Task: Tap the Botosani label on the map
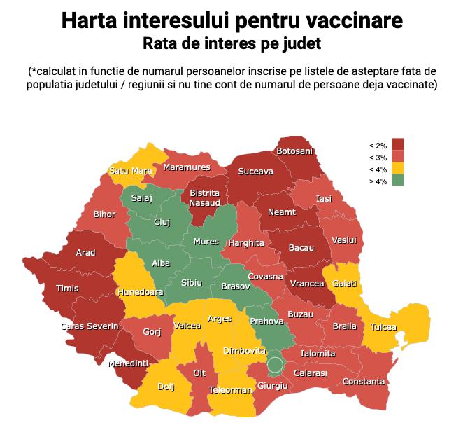pyautogui.click(x=294, y=151)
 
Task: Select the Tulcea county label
pyautogui.click(x=383, y=327)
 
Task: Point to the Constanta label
pyautogui.click(x=364, y=382)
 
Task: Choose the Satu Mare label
pyautogui.click(x=131, y=171)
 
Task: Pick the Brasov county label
pyautogui.click(x=235, y=286)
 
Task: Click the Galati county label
pyautogui.click(x=345, y=284)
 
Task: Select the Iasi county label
pyautogui.click(x=324, y=199)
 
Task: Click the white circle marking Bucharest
pyautogui.click(x=276, y=365)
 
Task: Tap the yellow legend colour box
pyautogui.click(x=398, y=168)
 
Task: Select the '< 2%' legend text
pyautogui.click(x=378, y=145)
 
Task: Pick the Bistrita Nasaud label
pyautogui.click(x=204, y=197)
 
